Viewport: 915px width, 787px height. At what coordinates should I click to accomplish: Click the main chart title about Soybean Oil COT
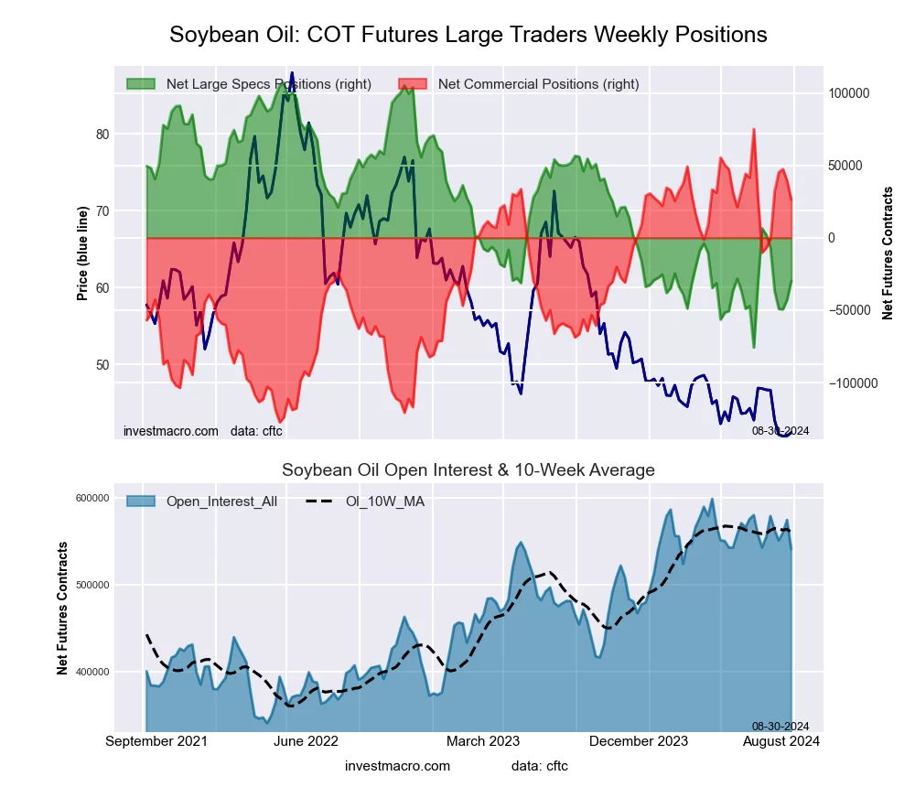pos(468,35)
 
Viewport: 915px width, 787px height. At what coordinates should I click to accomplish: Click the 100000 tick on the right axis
pos(848,93)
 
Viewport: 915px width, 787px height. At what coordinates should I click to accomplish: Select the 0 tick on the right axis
pos(832,238)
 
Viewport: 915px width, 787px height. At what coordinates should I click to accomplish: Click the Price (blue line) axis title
pos(82,253)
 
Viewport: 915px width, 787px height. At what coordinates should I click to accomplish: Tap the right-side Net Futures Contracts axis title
pos(888,253)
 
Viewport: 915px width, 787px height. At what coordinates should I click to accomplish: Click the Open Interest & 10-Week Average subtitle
pos(468,470)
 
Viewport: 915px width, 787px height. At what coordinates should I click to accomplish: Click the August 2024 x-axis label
pos(780,740)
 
